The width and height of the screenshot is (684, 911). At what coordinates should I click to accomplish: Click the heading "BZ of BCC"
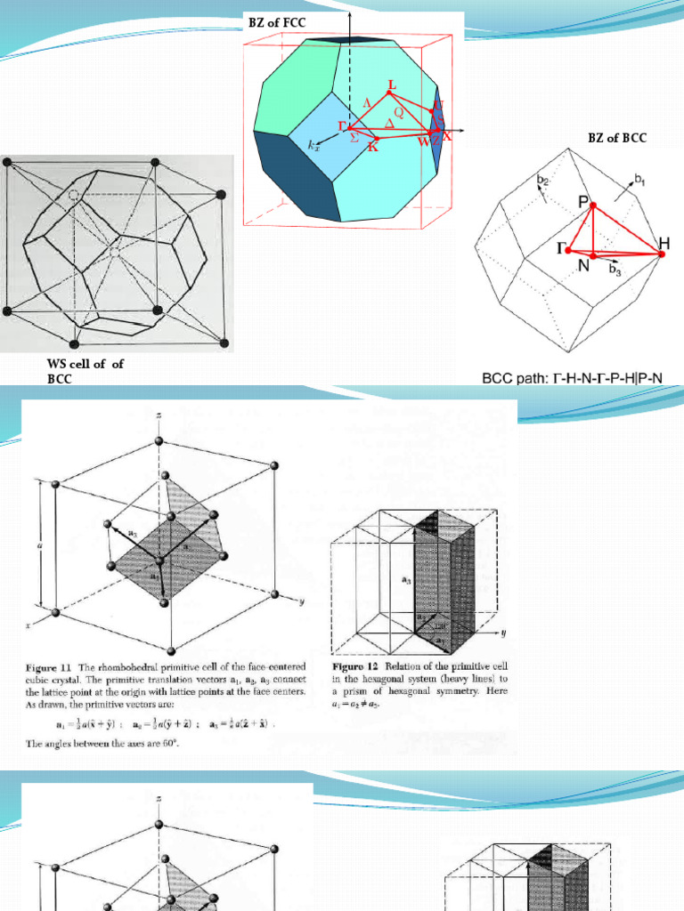[x=617, y=137]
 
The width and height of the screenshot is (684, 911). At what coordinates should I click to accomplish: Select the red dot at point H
[x=662, y=255]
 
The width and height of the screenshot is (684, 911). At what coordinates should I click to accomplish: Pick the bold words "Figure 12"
[x=355, y=665]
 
